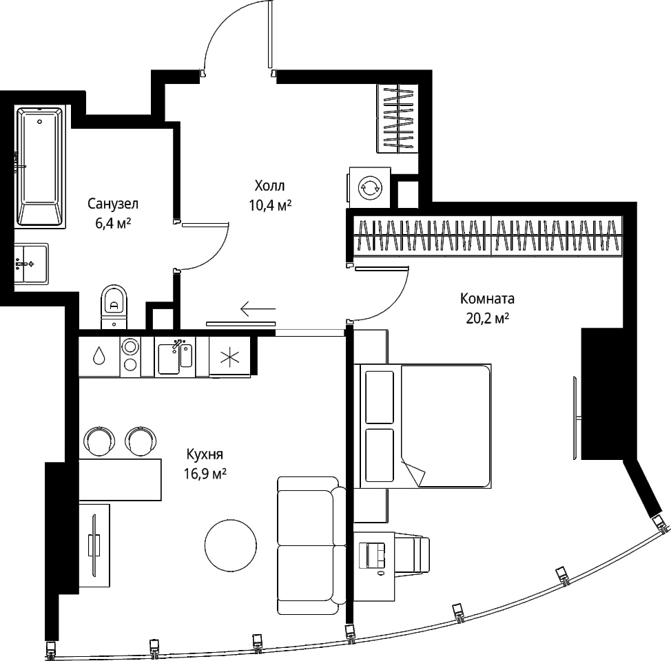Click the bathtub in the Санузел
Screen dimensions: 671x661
(x=40, y=167)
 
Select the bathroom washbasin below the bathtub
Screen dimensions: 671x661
(x=31, y=264)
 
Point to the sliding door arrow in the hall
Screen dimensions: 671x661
(x=258, y=308)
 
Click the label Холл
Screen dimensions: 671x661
(x=269, y=186)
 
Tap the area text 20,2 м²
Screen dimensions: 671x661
(x=488, y=318)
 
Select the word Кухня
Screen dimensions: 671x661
(x=205, y=454)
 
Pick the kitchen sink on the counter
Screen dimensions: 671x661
(x=175, y=357)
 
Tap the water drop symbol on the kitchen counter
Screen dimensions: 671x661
(x=99, y=355)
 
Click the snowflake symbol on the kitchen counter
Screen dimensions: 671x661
(x=230, y=357)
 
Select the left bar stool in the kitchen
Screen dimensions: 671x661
(x=100, y=441)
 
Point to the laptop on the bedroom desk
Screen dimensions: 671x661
(x=372, y=555)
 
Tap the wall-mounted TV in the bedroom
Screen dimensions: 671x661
(x=576, y=417)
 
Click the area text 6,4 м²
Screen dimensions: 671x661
(x=113, y=223)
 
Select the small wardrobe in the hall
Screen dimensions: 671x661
(x=397, y=118)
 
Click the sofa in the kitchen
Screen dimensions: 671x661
(x=311, y=545)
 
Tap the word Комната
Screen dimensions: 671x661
(x=488, y=298)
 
